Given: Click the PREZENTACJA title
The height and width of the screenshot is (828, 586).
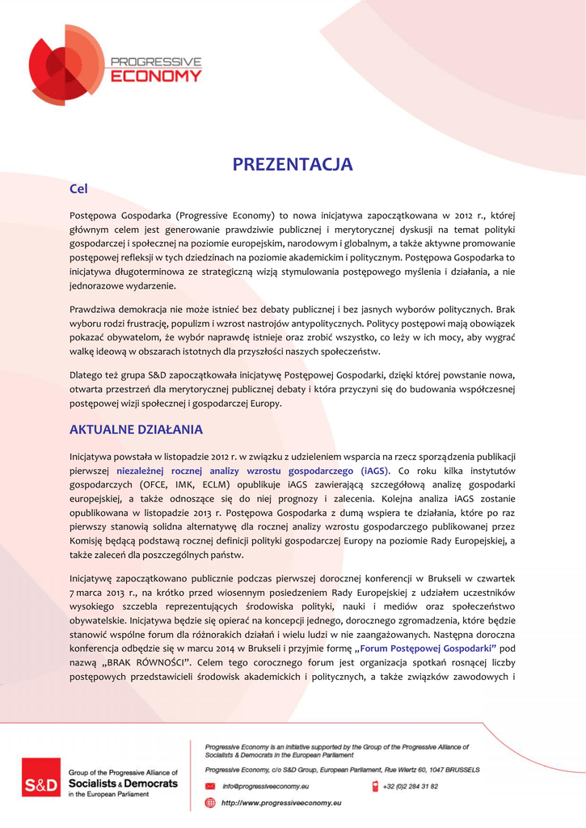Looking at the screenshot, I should pyautogui.click(x=293, y=165).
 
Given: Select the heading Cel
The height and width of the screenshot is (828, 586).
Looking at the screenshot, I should pyautogui.click(x=78, y=189).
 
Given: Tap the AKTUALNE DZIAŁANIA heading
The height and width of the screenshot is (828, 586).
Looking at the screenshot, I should pyautogui.click(x=136, y=429).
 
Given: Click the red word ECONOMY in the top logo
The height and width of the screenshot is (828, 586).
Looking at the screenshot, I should pyautogui.click(x=155, y=76).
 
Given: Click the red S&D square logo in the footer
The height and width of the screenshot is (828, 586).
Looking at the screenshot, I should pyautogui.click(x=40, y=784).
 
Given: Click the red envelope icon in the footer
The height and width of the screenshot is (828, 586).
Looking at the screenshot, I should pyautogui.click(x=210, y=786).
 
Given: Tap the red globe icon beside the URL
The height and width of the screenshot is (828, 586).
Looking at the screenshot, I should pyautogui.click(x=210, y=803).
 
